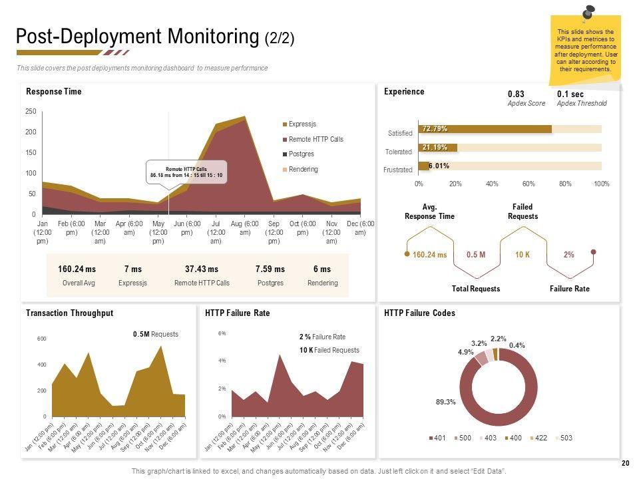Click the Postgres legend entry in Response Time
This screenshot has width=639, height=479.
point(301,154)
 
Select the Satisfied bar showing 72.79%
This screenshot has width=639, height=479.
point(485,129)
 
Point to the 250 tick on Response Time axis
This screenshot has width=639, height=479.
point(31,112)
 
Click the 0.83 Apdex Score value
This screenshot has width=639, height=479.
point(516,94)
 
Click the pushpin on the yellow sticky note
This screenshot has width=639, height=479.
point(588,13)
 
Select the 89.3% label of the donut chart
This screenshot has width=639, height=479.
point(445,402)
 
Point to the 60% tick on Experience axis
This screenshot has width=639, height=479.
point(529,184)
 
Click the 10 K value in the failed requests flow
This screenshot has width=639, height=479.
point(523,255)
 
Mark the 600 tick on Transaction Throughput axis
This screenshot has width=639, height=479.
point(41,339)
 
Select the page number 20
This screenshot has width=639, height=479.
point(624,463)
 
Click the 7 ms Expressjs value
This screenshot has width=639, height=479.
point(132,269)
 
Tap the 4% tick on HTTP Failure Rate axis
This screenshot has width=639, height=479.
point(222,361)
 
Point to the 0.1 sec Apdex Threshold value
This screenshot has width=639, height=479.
point(570,94)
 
